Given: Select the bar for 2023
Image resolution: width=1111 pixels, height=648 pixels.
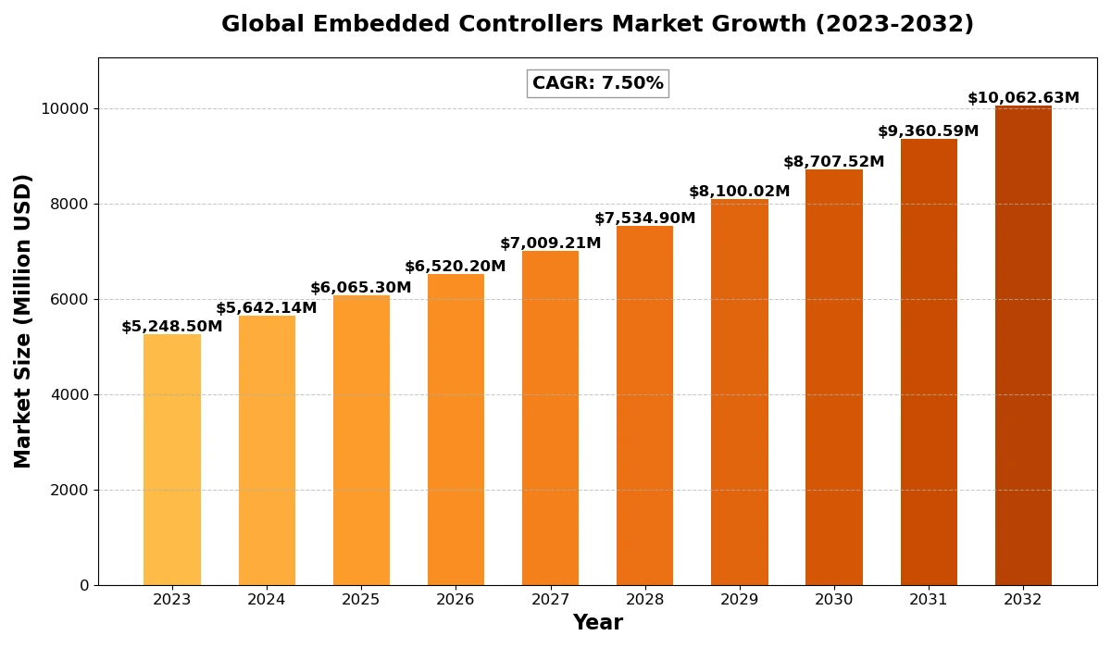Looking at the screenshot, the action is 172,459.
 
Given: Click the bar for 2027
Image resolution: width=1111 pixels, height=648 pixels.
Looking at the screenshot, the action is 550,417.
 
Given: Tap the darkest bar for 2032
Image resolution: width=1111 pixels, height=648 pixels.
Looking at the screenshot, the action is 1023,345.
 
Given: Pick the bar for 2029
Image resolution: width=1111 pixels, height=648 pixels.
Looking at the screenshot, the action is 740,393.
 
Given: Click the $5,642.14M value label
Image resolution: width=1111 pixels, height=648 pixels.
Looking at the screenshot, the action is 267,308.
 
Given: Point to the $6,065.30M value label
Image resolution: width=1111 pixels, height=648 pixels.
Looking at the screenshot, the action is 361,288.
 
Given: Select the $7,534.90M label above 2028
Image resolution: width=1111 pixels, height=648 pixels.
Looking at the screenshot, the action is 644,218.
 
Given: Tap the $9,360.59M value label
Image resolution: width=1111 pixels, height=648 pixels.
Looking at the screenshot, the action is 929,131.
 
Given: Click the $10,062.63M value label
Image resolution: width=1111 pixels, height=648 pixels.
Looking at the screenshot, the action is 1023,98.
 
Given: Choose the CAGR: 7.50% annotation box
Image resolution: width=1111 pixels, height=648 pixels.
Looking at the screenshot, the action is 598,83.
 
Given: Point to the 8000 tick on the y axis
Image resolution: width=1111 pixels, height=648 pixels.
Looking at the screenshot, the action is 69,205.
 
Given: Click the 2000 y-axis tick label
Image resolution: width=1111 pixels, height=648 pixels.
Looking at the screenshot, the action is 69,491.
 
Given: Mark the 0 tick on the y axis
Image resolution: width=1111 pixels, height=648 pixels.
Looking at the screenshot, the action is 84,586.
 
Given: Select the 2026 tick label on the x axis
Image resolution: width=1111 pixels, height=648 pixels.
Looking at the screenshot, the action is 456,600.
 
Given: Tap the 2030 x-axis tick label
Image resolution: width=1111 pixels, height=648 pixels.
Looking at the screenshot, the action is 834,600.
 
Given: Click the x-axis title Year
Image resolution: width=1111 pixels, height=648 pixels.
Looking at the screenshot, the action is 598,623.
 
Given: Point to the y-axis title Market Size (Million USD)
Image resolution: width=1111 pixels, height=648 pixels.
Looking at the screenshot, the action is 22,321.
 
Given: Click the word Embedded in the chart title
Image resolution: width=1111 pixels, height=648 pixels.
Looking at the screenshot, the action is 381,24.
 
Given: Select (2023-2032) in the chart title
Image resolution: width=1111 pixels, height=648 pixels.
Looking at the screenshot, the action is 894,24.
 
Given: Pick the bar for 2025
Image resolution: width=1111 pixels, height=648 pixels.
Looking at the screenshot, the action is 361,441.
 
